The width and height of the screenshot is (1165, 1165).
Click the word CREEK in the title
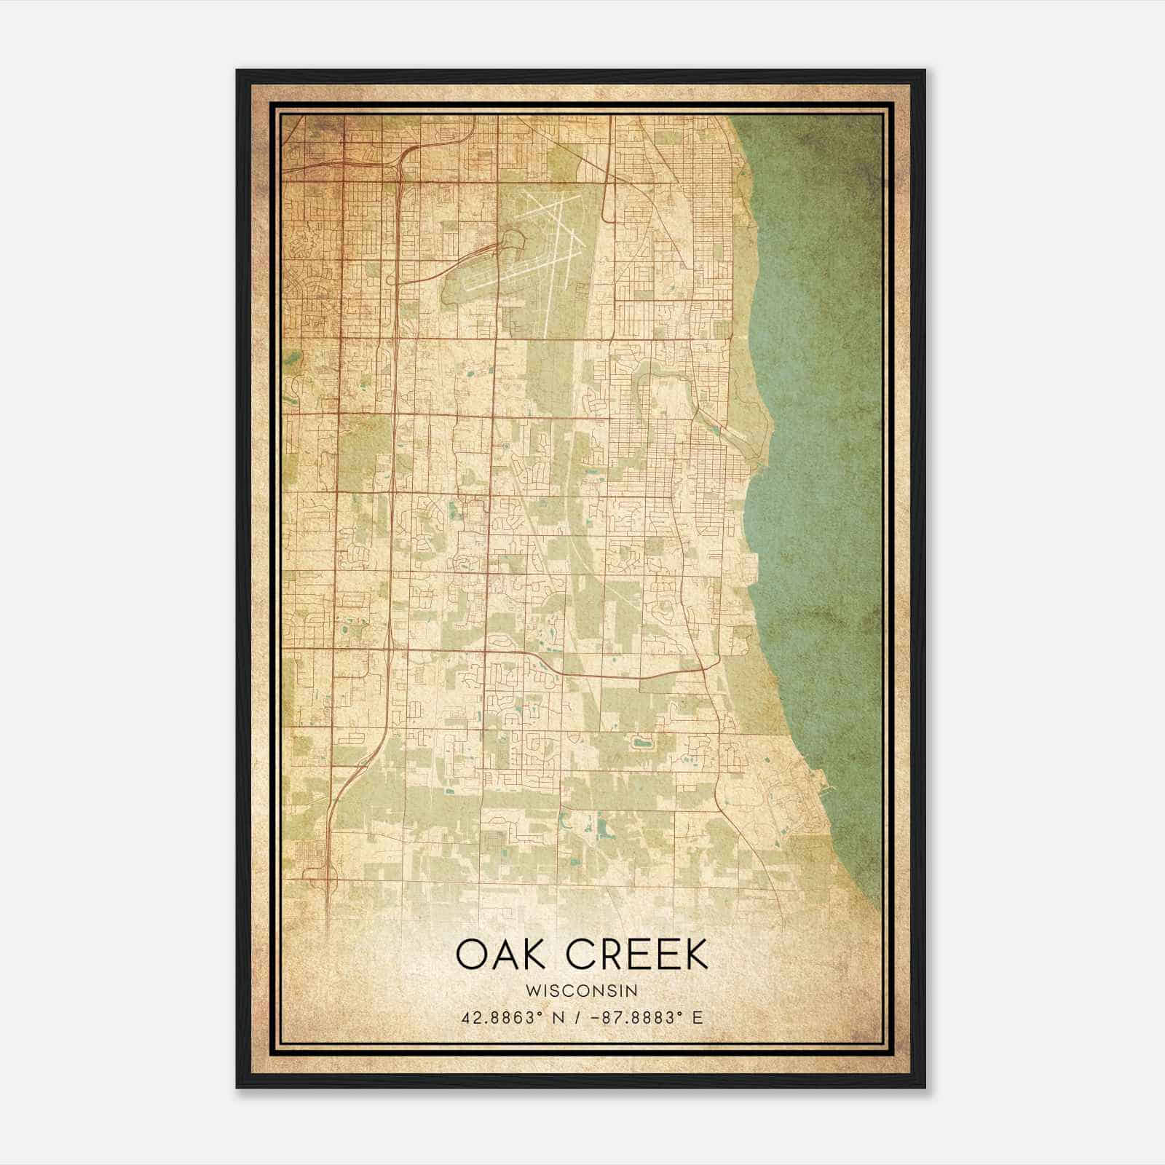pyautogui.click(x=636, y=955)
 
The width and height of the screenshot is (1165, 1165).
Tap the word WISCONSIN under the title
pyautogui.click(x=582, y=991)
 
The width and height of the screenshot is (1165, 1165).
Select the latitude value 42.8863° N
pyautogui.click(x=510, y=1018)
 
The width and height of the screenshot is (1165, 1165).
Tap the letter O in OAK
pyautogui.click(x=472, y=955)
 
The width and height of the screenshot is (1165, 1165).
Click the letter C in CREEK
pyautogui.click(x=580, y=955)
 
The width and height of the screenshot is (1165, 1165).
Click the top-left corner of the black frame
pyautogui.click(x=238, y=71)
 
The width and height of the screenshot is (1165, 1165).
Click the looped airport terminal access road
pyautogui.click(x=513, y=240)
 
